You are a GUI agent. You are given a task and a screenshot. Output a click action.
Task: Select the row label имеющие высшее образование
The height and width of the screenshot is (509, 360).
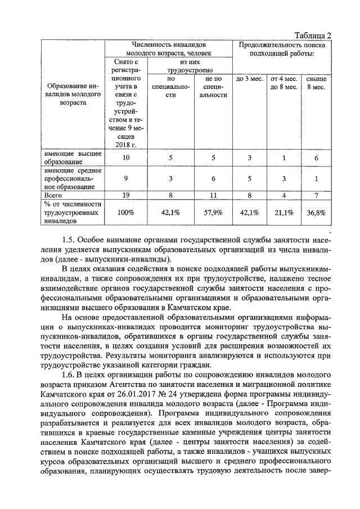(x=72, y=157)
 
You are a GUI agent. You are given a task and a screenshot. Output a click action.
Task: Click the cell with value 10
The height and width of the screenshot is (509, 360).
(x=126, y=157)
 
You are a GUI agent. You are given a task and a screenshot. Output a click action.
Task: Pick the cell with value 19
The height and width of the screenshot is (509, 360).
(x=126, y=195)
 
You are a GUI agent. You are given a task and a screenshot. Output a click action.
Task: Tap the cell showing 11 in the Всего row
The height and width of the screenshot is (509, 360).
(x=213, y=195)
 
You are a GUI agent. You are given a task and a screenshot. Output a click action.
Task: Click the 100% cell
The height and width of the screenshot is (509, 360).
(x=126, y=212)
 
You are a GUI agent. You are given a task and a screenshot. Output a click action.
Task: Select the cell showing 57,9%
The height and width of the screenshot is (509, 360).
(x=213, y=212)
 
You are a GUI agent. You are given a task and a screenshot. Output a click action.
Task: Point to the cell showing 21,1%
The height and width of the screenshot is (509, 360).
(x=283, y=212)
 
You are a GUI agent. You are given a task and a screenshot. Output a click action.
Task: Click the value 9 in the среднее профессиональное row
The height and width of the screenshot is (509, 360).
(x=126, y=178)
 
